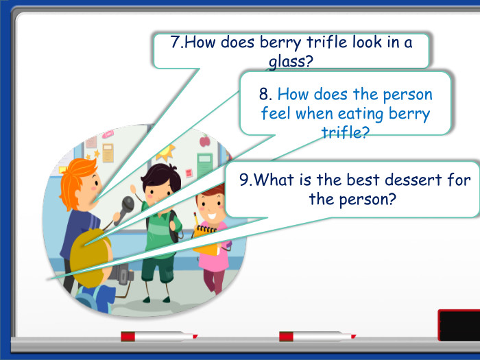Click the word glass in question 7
291,62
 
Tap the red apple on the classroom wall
204,142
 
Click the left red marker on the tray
158,336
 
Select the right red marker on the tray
316,336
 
